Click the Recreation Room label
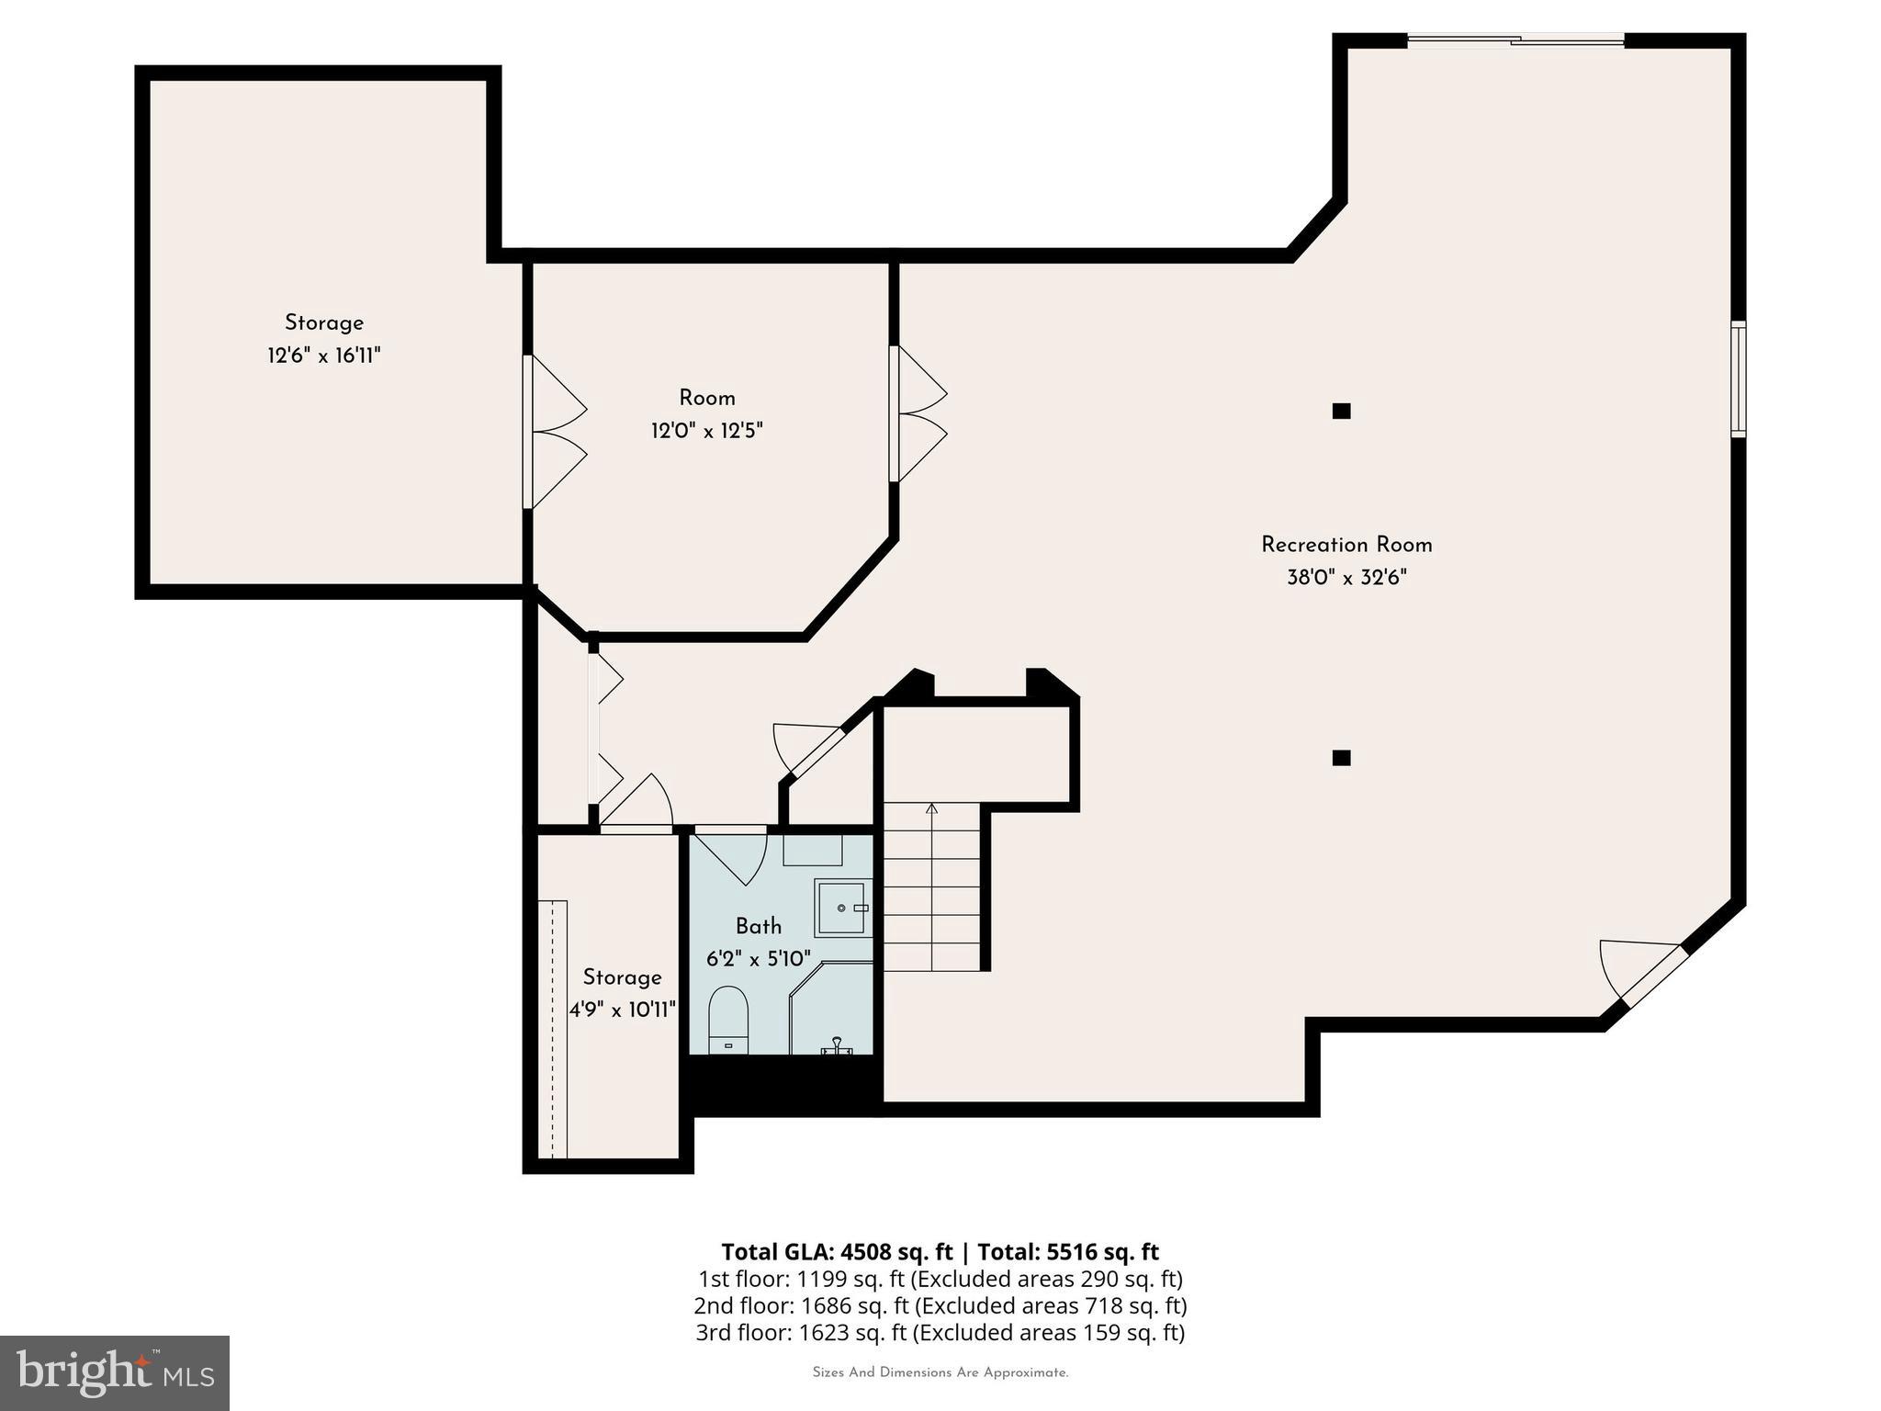(1346, 545)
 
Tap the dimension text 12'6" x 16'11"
(323, 356)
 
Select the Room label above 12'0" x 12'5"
(706, 398)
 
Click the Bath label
(758, 926)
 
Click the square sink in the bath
(842, 908)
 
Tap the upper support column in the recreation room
(1341, 411)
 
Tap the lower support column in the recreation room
(1341, 758)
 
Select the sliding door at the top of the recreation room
(1515, 40)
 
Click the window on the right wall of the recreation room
(1738, 378)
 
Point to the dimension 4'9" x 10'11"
(622, 1010)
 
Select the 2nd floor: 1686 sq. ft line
(940, 1305)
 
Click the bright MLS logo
(114, 1372)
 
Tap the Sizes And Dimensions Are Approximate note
(940, 1373)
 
